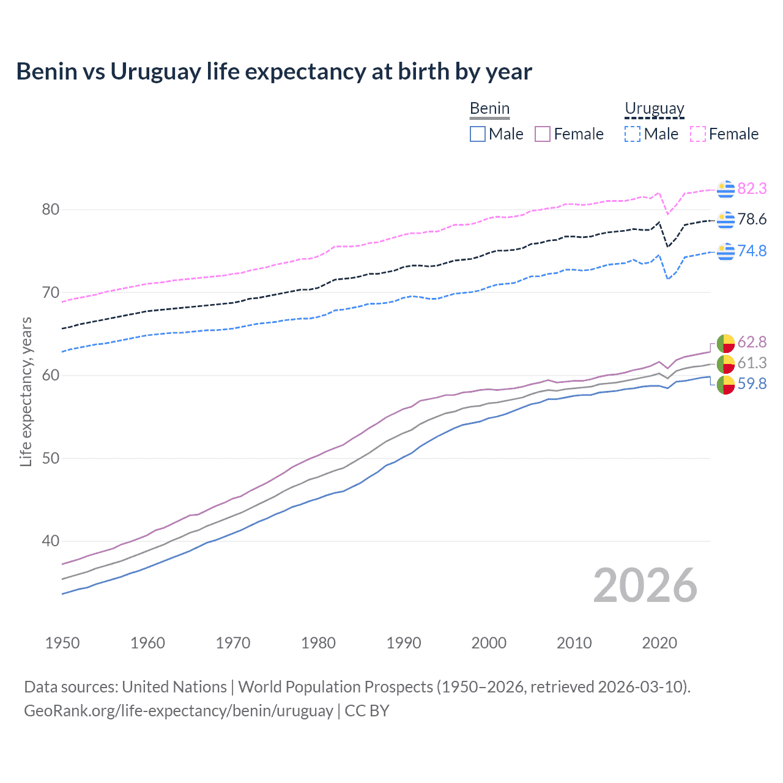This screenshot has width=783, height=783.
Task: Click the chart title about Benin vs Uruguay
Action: pos(274,72)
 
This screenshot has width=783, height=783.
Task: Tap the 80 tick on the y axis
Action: pos(51,209)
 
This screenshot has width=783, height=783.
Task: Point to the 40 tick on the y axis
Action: pos(51,541)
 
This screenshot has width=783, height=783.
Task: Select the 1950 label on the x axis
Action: pos(62,643)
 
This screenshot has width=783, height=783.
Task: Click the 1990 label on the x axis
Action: pos(404,643)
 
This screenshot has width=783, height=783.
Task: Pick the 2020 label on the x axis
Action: pos(659,643)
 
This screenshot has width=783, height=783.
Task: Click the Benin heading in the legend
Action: pos(489,108)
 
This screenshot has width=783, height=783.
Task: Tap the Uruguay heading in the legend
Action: pos(654,108)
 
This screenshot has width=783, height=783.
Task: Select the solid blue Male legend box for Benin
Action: pos(478,134)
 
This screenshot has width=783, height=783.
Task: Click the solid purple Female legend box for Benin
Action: pos(543,134)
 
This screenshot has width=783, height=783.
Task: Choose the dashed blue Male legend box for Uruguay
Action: pos(633,134)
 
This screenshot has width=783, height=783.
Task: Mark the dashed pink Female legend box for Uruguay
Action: pos(698,134)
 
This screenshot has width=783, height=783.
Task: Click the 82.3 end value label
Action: pos(752,188)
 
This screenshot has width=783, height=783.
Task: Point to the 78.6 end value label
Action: pos(752,219)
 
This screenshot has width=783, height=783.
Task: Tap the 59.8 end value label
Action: pos(752,384)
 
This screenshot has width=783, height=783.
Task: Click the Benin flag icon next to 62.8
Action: pos(725,343)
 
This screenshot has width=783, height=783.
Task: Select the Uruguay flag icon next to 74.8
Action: pos(725,251)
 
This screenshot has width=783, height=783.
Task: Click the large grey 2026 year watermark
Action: pos(645,585)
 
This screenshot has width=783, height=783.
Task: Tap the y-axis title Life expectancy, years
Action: pos(26,391)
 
